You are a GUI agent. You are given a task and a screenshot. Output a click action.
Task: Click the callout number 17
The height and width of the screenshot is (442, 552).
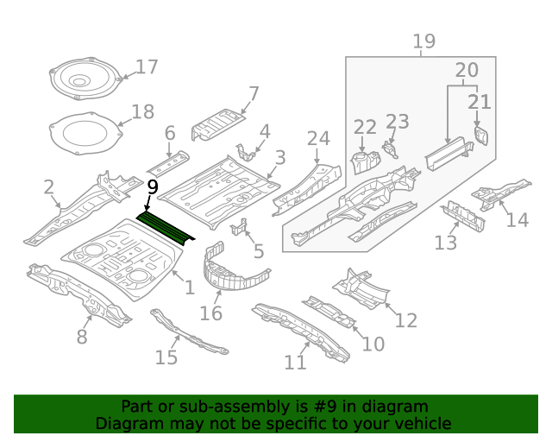click(x=147, y=66)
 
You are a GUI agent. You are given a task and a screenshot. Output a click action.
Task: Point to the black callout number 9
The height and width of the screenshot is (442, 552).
click(x=153, y=186)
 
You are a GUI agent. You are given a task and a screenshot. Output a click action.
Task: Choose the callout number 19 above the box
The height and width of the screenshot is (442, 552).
click(x=423, y=41)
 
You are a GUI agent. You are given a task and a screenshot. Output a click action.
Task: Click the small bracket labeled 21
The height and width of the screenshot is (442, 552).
click(x=481, y=136)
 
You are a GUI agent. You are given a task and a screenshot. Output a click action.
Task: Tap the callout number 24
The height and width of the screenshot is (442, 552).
click(x=318, y=139)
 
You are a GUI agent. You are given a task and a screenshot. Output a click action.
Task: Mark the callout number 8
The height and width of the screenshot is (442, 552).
click(x=82, y=336)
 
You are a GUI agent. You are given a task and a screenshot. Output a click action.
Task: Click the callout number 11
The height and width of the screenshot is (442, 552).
click(x=295, y=362)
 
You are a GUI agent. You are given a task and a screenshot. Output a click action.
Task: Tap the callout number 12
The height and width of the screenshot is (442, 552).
click(x=405, y=320)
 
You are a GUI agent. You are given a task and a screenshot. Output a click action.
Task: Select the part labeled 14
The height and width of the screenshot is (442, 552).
click(x=500, y=192)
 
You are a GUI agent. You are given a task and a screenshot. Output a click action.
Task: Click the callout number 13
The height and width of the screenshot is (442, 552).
click(x=445, y=243)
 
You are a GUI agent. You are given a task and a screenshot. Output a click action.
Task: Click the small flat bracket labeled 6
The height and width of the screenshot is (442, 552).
click(x=167, y=162)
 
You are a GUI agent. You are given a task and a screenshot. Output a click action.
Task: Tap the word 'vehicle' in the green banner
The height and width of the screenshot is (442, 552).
click(x=423, y=423)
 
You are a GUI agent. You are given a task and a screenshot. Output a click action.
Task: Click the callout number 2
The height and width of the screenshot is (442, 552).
click(x=49, y=186)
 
